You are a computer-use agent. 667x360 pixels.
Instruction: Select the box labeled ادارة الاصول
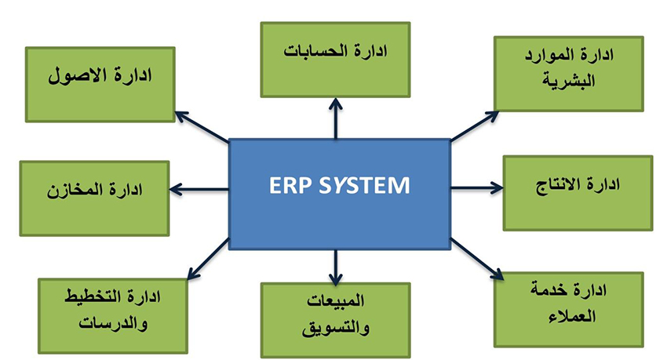100,84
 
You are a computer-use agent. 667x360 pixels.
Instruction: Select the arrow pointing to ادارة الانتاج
476,188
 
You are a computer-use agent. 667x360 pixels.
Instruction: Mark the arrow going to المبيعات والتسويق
335,267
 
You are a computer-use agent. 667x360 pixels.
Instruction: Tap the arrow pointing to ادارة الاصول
200,126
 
